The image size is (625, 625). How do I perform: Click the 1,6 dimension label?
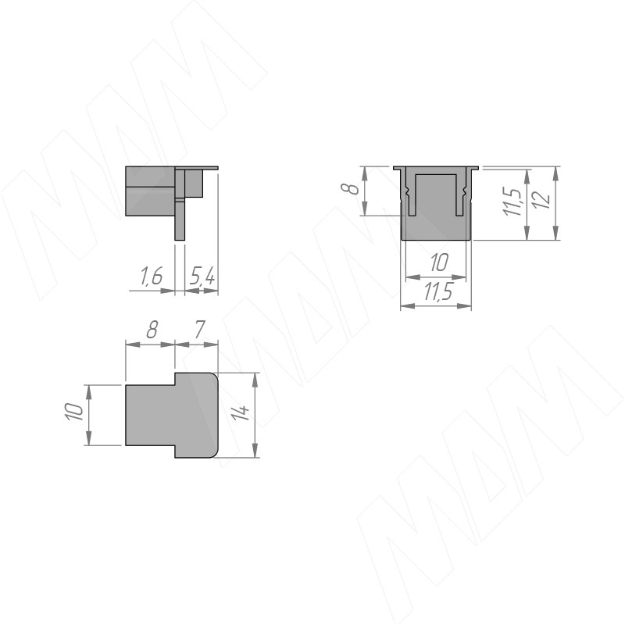coord(152,277)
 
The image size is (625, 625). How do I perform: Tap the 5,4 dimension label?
coord(202,277)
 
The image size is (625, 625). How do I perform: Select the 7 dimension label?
coord(199,329)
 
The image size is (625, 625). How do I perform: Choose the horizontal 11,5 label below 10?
coord(438,292)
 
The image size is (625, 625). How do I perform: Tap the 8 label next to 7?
coord(152,329)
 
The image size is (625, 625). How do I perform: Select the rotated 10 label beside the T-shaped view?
coord(74,412)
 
